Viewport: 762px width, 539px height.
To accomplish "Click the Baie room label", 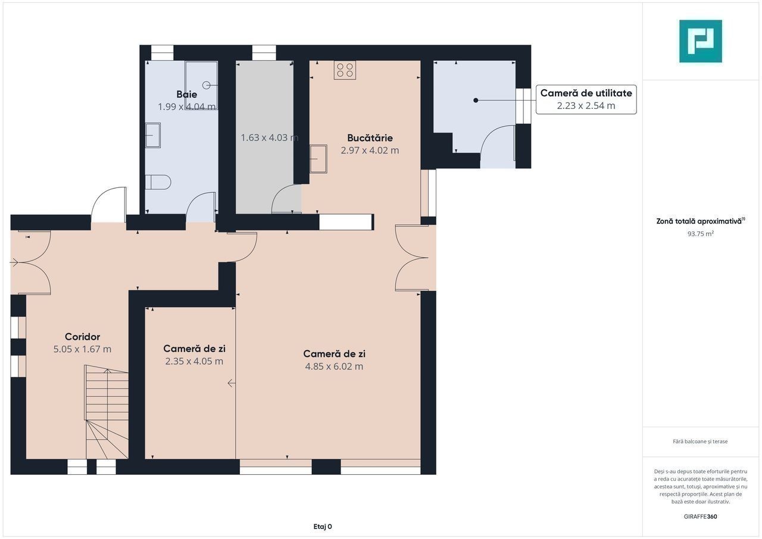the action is [186, 94].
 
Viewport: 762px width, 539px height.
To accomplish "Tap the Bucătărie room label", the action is [370, 137].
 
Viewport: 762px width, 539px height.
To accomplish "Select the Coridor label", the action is [82, 337].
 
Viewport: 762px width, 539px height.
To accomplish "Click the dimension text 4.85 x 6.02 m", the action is [334, 366].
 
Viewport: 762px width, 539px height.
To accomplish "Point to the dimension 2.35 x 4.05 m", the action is [194, 361].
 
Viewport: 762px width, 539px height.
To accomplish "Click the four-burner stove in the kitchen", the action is [345, 70].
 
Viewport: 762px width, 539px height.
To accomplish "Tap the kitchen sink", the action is [318, 159].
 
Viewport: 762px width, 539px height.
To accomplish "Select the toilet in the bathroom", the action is [158, 182].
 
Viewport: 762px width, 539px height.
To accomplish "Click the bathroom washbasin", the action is [153, 135].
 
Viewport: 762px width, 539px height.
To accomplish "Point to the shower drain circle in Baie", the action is [207, 85].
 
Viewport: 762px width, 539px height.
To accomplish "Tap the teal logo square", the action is [701, 41].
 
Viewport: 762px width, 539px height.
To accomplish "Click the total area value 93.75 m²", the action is [701, 234].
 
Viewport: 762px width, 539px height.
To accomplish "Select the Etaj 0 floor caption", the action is [323, 527].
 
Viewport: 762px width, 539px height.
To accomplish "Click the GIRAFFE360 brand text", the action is [701, 516].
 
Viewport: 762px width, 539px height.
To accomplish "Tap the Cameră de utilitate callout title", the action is [586, 93].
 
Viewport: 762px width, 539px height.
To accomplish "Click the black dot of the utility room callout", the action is [476, 101].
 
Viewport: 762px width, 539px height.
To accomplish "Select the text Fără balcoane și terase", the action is [700, 441].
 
